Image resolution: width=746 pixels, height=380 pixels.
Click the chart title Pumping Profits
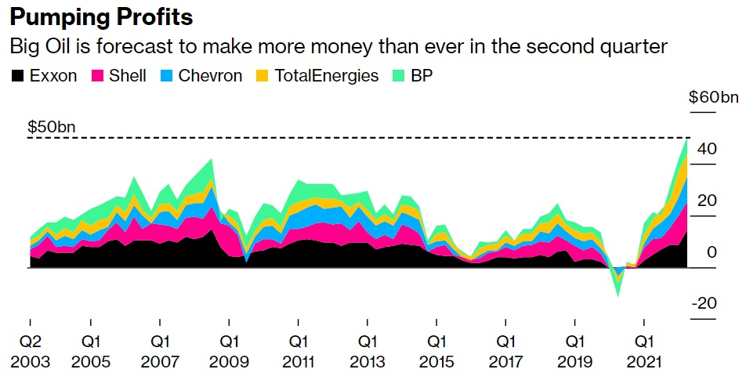101,16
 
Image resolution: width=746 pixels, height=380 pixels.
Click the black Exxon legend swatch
16,76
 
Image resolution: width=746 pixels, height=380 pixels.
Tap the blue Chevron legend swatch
166,76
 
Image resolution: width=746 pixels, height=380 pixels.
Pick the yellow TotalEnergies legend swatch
262,76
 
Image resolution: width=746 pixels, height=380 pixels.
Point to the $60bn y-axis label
713,97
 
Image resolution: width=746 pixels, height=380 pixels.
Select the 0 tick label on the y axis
712,252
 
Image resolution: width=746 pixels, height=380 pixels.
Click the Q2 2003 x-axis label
30,352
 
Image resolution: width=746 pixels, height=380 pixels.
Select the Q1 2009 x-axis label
230,352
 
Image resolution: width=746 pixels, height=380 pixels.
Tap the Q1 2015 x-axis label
436,352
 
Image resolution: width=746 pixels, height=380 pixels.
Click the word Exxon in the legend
53,76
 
